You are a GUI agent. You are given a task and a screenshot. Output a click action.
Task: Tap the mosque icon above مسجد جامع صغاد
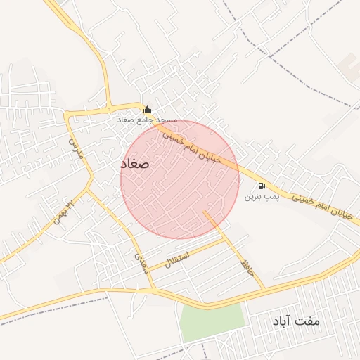click(x=147, y=109)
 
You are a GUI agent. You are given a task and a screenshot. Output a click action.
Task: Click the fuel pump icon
click(x=262, y=186)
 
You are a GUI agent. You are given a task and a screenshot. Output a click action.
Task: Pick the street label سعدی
click(x=141, y=262)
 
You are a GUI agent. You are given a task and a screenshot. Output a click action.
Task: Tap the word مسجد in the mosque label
click(x=163, y=120)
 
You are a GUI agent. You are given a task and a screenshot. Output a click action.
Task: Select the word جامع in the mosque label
click(x=144, y=120)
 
